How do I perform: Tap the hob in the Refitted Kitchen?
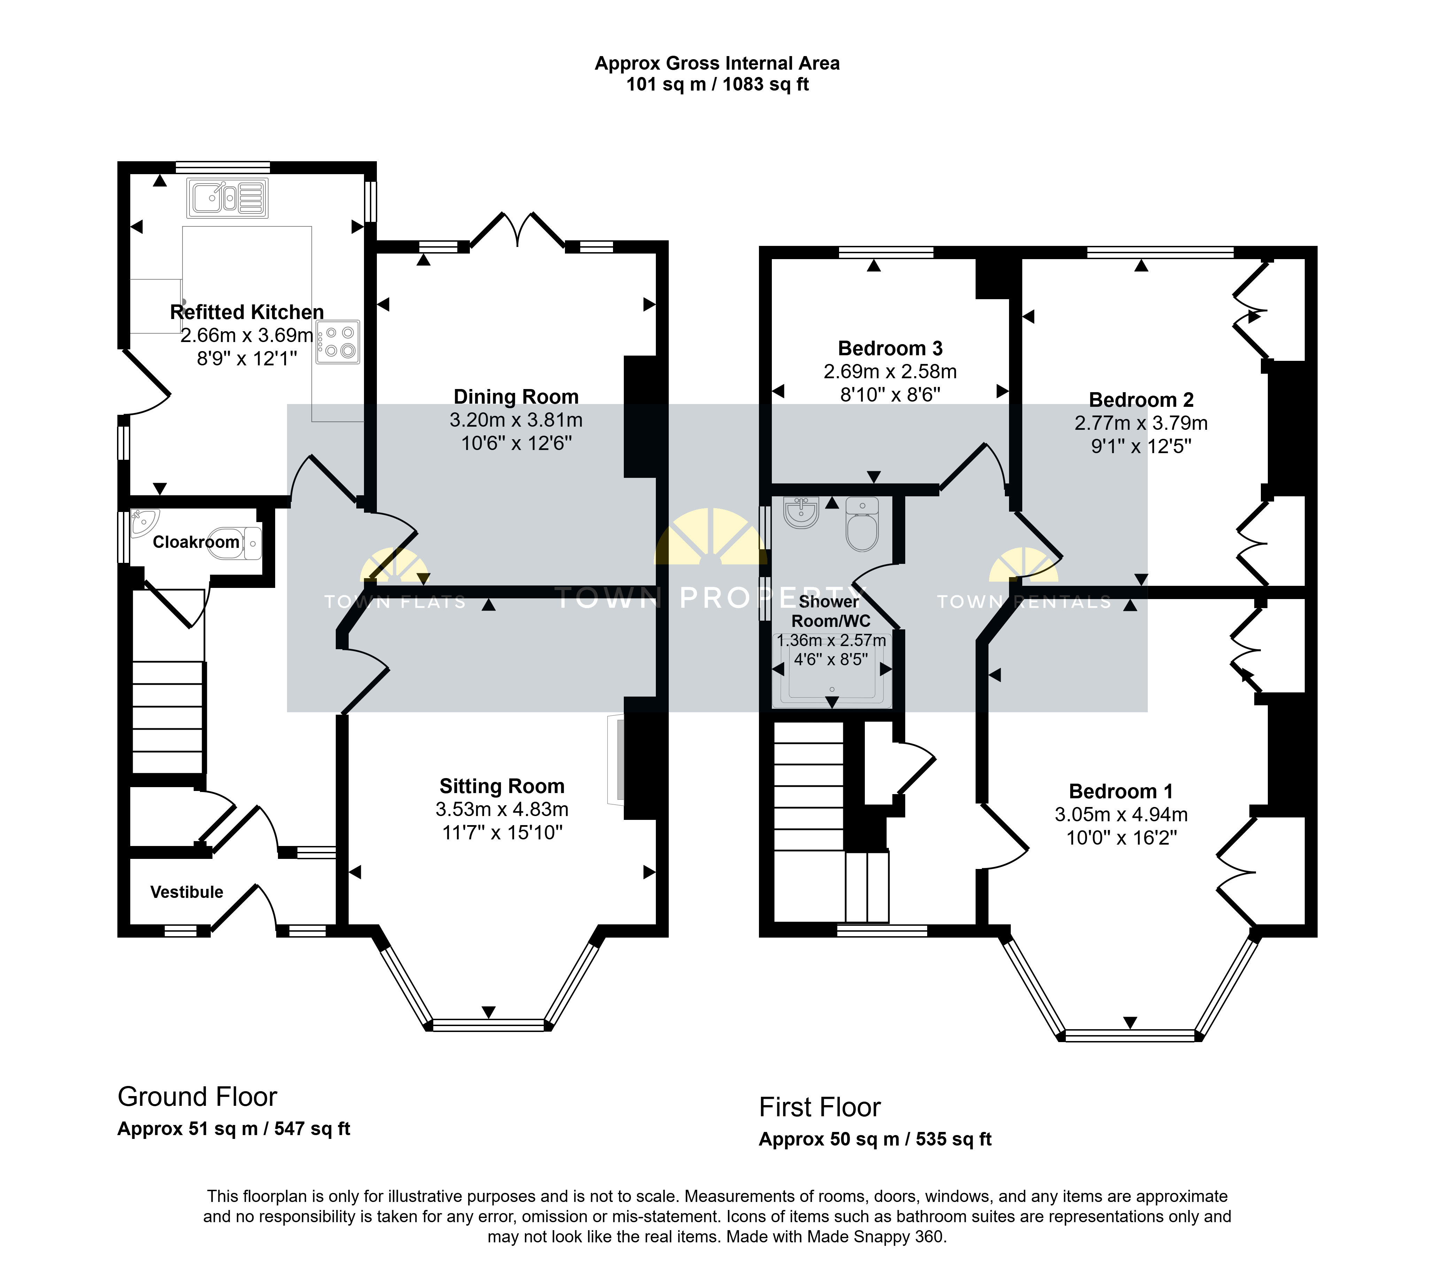click(338, 342)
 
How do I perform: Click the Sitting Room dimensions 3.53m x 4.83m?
click(502, 809)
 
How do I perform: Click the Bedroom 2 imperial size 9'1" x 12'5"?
click(1141, 447)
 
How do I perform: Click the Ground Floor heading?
click(197, 1097)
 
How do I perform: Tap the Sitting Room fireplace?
click(615, 758)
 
